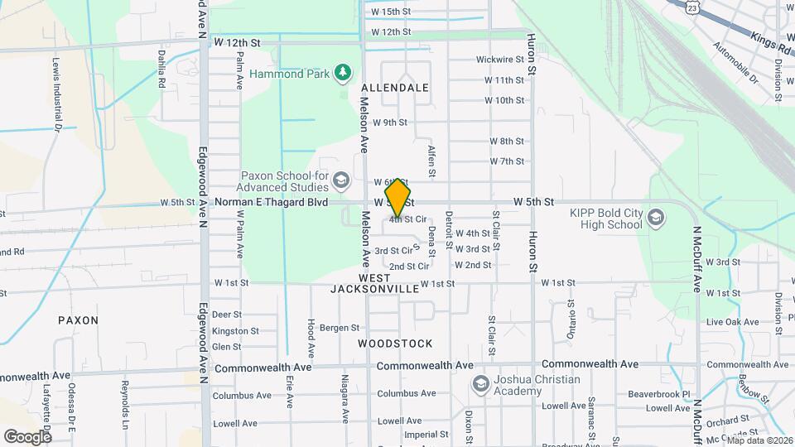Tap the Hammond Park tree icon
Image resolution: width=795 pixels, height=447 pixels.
pyautogui.click(x=342, y=73)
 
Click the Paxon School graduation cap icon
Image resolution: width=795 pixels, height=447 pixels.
pyautogui.click(x=341, y=179)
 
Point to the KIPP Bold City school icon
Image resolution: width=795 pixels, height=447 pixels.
pyautogui.click(x=656, y=218)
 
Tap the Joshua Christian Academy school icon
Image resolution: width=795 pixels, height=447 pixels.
pyautogui.click(x=480, y=384)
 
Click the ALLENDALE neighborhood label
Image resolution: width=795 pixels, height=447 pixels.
pyautogui.click(x=395, y=88)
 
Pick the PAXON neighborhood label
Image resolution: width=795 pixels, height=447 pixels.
pyautogui.click(x=78, y=320)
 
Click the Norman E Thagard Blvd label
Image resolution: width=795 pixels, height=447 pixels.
pyautogui.click(x=271, y=202)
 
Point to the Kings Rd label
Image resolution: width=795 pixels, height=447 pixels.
pyautogui.click(x=771, y=41)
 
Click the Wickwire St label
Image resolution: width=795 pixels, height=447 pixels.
pyautogui.click(x=500, y=60)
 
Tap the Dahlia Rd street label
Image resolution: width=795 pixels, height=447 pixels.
pyautogui.click(x=162, y=70)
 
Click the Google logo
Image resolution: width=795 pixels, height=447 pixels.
pyautogui.click(x=27, y=436)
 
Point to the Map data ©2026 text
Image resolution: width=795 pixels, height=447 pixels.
pyautogui.click(x=759, y=440)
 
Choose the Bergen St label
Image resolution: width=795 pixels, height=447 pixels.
pyautogui.click(x=340, y=328)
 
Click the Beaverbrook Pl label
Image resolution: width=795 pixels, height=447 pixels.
pyautogui.click(x=658, y=395)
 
